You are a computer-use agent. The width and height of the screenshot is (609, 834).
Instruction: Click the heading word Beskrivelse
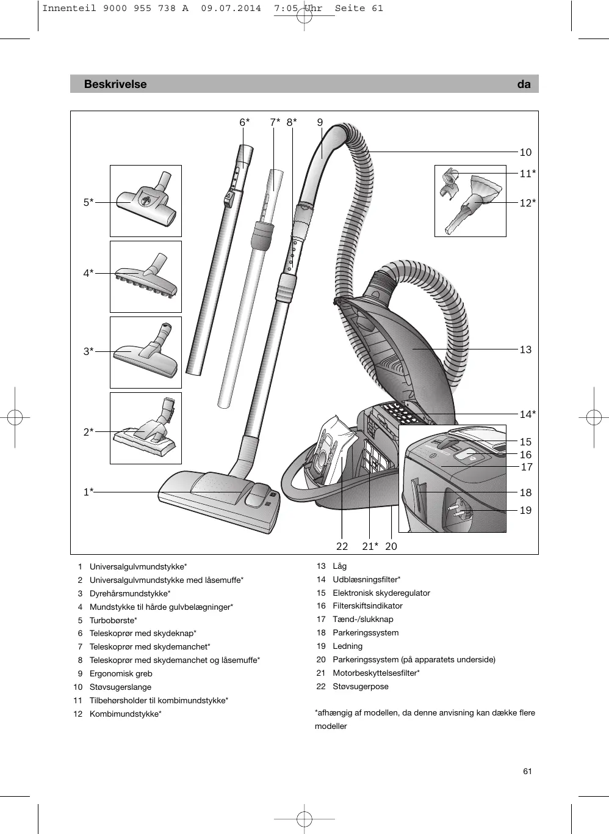115,84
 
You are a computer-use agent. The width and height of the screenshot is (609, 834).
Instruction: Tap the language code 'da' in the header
524,84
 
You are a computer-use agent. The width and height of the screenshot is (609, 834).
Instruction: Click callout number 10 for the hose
525,152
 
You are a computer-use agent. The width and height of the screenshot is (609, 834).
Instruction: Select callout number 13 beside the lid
525,349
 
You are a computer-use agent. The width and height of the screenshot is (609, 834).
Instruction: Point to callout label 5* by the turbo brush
88,202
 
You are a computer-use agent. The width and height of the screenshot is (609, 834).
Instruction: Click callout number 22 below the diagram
342,546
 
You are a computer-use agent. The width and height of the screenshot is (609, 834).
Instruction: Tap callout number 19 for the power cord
525,510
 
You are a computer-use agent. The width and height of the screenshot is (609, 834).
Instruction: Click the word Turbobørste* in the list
114,620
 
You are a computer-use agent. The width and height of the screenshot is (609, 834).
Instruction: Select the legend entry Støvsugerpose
360,686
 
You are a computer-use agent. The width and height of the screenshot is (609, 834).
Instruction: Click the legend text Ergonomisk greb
121,673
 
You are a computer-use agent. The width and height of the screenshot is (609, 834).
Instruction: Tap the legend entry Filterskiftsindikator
367,605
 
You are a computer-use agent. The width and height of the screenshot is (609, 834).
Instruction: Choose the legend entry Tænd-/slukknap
362,619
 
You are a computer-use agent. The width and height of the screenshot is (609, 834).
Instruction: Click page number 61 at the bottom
527,771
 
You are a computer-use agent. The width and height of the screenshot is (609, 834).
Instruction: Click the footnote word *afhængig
332,712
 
